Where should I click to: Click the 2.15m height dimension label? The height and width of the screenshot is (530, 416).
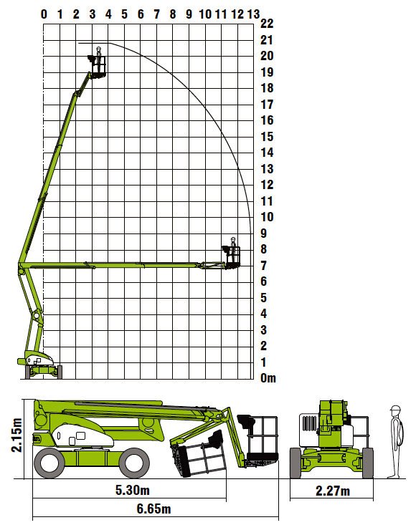point(16,435)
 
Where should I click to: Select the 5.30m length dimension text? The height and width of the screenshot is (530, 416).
point(133,490)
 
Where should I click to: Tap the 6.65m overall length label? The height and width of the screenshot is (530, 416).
point(153,509)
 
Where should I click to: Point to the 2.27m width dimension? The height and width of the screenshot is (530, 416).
point(332,491)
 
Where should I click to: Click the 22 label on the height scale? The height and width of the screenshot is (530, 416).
point(267,24)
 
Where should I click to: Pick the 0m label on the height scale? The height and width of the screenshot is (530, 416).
point(268,378)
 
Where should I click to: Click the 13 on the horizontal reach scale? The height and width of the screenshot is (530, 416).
point(253,14)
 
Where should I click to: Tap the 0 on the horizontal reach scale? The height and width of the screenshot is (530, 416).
point(44,14)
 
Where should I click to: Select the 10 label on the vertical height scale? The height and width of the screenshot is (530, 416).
point(267,217)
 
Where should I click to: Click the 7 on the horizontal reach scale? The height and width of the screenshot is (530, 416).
point(157,14)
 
